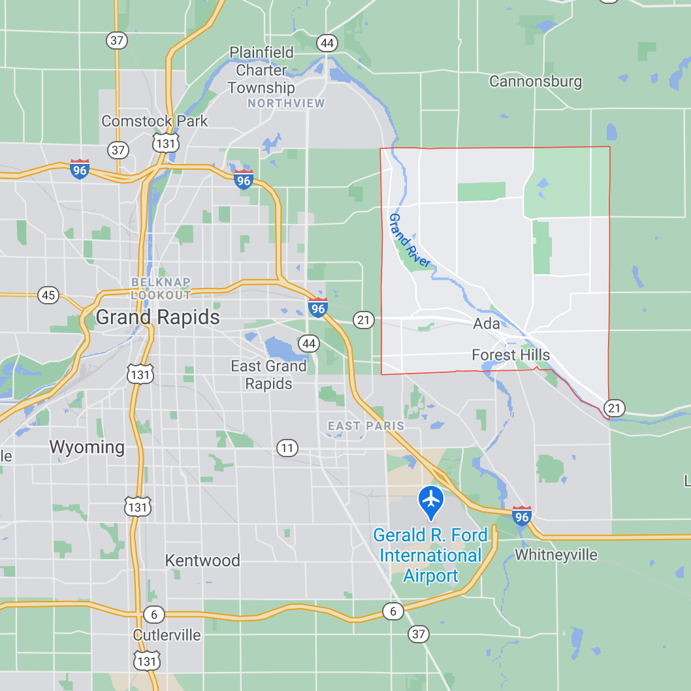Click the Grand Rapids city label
pyautogui.click(x=157, y=317)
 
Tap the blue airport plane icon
pyautogui.click(x=431, y=500)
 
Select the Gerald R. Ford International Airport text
pyautogui.click(x=430, y=555)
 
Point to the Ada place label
pyautogui.click(x=487, y=323)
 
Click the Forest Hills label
pyautogui.click(x=511, y=355)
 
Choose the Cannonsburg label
pyautogui.click(x=535, y=82)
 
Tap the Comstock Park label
pyautogui.click(x=154, y=121)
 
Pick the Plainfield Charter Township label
pyautogui.click(x=261, y=70)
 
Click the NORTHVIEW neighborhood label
pyautogui.click(x=286, y=103)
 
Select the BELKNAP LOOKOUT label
pyautogui.click(x=161, y=288)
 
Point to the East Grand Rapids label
pyautogui.click(x=268, y=374)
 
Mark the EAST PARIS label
pyautogui.click(x=366, y=426)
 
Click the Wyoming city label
pyautogui.click(x=87, y=447)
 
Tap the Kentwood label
pyautogui.click(x=202, y=560)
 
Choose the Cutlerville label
pyautogui.click(x=167, y=635)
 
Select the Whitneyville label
pyautogui.click(x=556, y=555)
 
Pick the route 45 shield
pyautogui.click(x=48, y=295)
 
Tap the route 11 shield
pyautogui.click(x=287, y=448)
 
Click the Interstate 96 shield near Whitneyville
pyautogui.click(x=521, y=516)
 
